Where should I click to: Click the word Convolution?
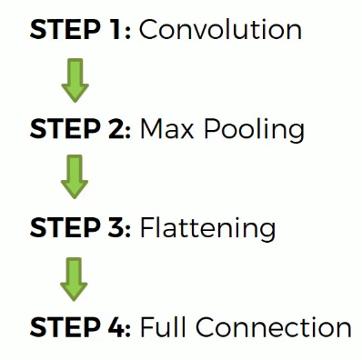pos(220,29)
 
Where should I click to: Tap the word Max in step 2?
pos(166,129)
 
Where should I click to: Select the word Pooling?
pos(254,131)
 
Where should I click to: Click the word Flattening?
pos(207,229)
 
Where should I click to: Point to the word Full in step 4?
pos(163,326)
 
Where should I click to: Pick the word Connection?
pos(274,327)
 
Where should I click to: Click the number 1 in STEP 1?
pos(116,29)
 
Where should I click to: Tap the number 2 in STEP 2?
pos(116,128)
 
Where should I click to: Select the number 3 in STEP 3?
pos(116,227)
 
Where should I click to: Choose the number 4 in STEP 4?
pos(116,327)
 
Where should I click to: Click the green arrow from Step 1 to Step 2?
pos(75,81)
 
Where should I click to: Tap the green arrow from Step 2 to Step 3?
pos(75,176)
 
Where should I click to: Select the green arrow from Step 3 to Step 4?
pos(74,279)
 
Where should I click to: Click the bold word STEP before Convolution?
pos(65,29)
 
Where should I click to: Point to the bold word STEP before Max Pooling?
pos(65,128)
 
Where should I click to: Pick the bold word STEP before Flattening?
pos(65,227)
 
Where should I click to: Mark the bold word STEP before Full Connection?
pos(65,327)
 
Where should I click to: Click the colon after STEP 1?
pos(127,33)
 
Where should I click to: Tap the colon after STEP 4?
pos(127,330)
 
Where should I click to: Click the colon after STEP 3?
pos(127,231)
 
